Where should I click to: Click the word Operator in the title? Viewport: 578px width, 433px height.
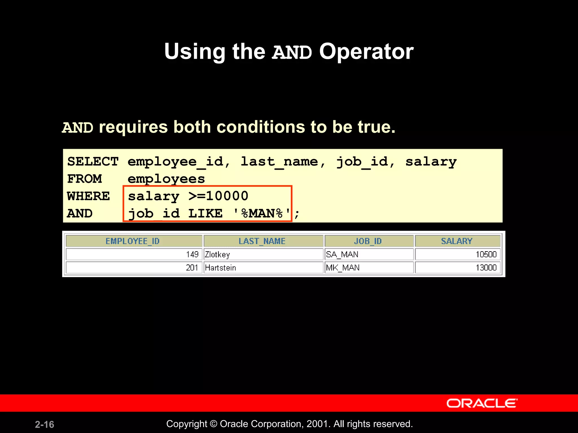coord(366,52)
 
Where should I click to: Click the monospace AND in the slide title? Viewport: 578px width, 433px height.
coord(292,53)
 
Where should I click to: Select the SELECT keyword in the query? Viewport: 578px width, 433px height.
coord(93,162)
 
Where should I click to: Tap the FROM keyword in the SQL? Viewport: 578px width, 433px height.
coord(84,179)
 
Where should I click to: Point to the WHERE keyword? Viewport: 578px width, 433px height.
coord(88,196)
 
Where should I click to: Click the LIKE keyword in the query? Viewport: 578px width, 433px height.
coord(205,213)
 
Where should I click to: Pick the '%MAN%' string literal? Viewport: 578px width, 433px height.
coord(262,213)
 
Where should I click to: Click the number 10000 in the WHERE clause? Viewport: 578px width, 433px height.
coord(227,196)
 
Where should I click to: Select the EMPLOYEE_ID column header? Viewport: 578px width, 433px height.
coord(133,241)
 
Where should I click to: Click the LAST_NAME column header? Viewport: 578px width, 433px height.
coord(262,241)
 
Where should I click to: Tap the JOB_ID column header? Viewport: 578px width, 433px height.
coord(368,241)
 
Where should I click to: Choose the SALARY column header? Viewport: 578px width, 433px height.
coord(457,241)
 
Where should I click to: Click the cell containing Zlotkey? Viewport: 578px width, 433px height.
coord(217,255)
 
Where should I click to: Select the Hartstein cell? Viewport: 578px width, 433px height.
coord(220,268)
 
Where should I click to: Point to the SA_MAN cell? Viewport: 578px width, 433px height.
coord(342,255)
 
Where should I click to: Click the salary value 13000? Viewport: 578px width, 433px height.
coord(486,268)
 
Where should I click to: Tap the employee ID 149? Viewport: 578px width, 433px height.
coord(192,255)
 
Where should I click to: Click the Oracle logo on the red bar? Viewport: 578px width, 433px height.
coord(482,403)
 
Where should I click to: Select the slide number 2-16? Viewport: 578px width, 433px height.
coord(44,424)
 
